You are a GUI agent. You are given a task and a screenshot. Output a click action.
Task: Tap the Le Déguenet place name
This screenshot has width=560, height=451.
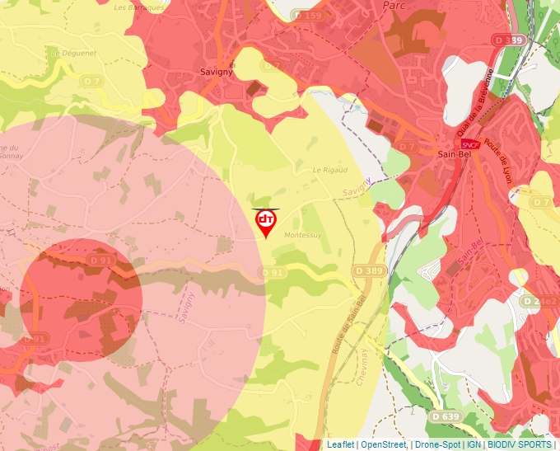pyautogui.click(x=73, y=52)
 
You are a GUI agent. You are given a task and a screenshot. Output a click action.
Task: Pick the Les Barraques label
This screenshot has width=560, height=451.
pyautogui.click(x=142, y=7)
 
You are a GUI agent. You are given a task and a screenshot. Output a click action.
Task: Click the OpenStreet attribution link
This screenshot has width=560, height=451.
pyautogui.click(x=384, y=444)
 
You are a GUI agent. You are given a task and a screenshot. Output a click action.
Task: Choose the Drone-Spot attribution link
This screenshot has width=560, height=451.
pyautogui.click(x=437, y=444)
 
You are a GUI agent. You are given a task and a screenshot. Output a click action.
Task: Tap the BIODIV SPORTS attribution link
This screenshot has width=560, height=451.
pyautogui.click(x=519, y=444)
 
